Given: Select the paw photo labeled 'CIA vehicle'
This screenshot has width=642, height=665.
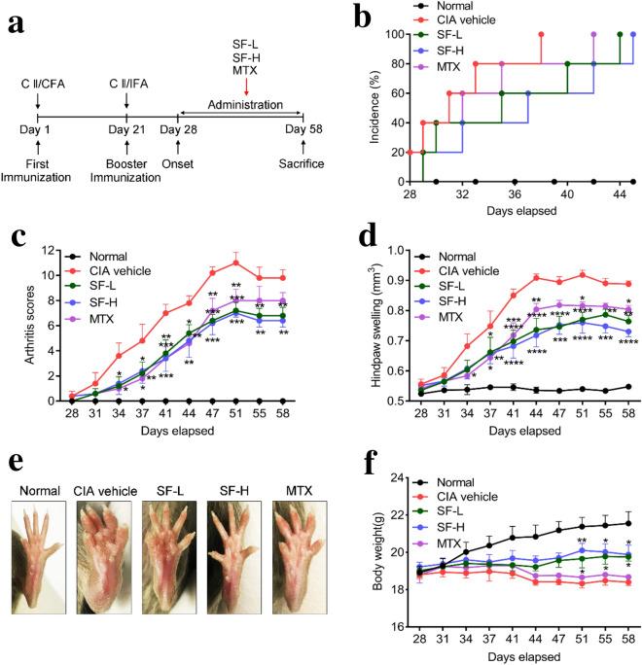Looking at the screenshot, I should (x=106, y=533).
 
